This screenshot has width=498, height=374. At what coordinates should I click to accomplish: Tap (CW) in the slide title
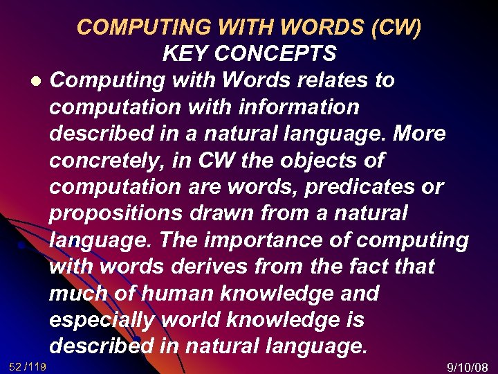396,27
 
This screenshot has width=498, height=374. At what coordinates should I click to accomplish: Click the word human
162,294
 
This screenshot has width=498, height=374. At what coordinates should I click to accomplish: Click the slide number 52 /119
28,366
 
